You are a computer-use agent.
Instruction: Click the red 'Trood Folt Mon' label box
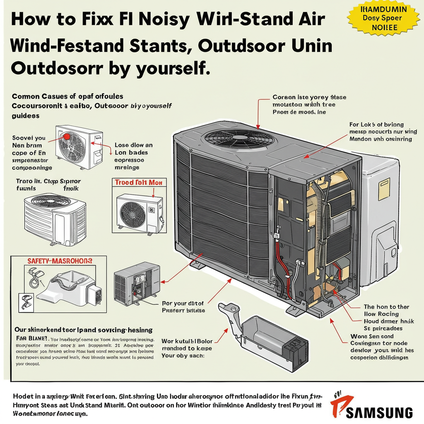pyautogui.click(x=138, y=182)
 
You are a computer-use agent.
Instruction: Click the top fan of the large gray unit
pyautogui.click(x=234, y=137)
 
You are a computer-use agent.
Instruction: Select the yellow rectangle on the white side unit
pyautogui.click(x=384, y=188)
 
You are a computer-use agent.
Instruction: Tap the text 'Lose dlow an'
pyautogui.click(x=133, y=145)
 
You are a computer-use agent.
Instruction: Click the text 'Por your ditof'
pyautogui.click(x=181, y=303)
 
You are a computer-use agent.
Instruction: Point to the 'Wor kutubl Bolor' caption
pyautogui.click(x=187, y=341)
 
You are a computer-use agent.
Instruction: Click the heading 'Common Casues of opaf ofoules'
pyautogui.click(x=67, y=96)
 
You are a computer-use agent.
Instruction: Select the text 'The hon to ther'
pyautogui.click(x=386, y=307)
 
